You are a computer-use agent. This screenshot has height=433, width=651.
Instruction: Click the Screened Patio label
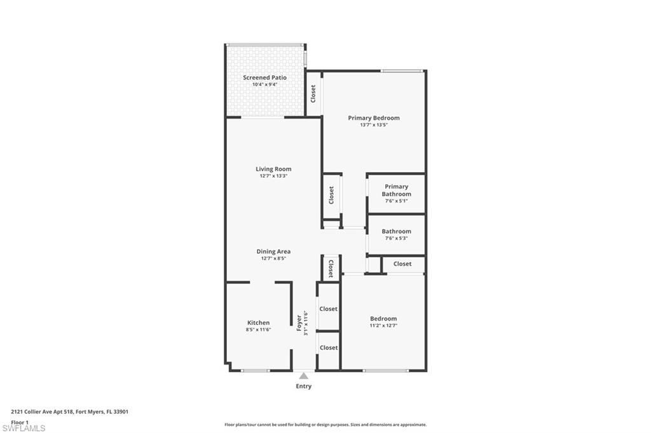click(x=264, y=77)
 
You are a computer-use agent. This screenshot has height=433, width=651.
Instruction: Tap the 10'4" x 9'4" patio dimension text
click(x=264, y=84)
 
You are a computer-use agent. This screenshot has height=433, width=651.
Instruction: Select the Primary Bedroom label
click(x=374, y=118)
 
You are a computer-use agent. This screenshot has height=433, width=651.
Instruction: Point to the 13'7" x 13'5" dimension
click(x=374, y=125)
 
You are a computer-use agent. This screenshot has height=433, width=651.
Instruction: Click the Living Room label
click(x=273, y=169)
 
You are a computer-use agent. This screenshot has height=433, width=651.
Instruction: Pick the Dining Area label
click(x=273, y=251)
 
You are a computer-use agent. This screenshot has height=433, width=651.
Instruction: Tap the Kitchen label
click(x=258, y=323)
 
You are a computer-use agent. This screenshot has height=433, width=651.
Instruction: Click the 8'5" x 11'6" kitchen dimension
click(x=258, y=330)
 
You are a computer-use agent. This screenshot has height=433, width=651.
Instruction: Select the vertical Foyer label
click(x=299, y=323)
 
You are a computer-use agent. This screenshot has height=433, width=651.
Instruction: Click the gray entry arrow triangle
click(x=304, y=376)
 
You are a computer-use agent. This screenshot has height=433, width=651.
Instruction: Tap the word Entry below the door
click(x=304, y=386)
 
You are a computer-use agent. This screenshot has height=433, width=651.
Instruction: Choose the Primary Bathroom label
click(x=396, y=190)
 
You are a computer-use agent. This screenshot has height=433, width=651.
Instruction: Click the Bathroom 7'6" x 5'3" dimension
click(x=396, y=239)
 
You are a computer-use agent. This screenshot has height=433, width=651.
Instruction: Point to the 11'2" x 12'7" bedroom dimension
click(x=383, y=326)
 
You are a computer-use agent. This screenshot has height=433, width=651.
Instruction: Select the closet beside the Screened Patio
click(x=313, y=93)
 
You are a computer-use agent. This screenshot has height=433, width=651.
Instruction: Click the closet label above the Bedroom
click(x=402, y=263)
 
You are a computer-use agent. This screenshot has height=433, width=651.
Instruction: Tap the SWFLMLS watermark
click(x=24, y=429)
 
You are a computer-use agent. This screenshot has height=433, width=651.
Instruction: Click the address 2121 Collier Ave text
click(x=70, y=411)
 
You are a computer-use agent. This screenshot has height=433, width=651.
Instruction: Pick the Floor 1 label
click(x=20, y=422)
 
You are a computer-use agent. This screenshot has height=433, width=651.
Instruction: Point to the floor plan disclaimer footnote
click(x=325, y=425)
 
